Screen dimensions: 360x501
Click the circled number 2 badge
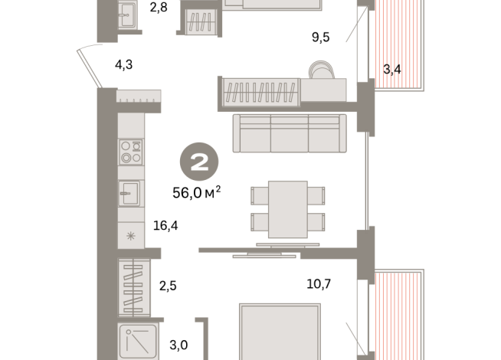(198, 162)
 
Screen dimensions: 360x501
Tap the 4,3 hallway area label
(124, 65)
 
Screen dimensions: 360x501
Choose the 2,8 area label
(158, 9)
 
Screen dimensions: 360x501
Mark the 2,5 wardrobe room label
(168, 286)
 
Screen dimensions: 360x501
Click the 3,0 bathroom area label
(178, 345)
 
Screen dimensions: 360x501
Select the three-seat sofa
(290, 133)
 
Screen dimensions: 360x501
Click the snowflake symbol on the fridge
(130, 235)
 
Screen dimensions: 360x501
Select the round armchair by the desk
(322, 73)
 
